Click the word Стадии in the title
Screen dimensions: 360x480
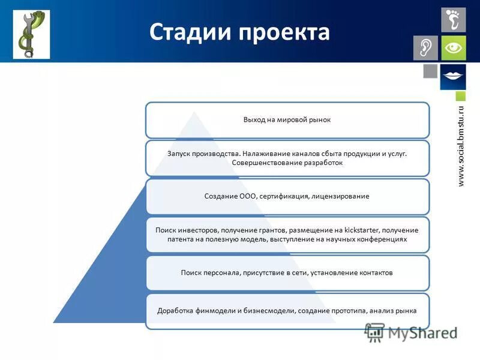pyautogui.click(x=190, y=32)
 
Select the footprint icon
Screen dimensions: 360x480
pyautogui.click(x=454, y=19)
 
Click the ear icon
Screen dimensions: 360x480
pyautogui.click(x=425, y=48)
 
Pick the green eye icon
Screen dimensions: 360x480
pyautogui.click(x=454, y=48)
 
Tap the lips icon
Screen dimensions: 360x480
pyautogui.click(x=454, y=76)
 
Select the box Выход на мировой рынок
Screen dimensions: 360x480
pyautogui.click(x=287, y=120)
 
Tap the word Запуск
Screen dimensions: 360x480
pyautogui.click(x=179, y=154)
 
